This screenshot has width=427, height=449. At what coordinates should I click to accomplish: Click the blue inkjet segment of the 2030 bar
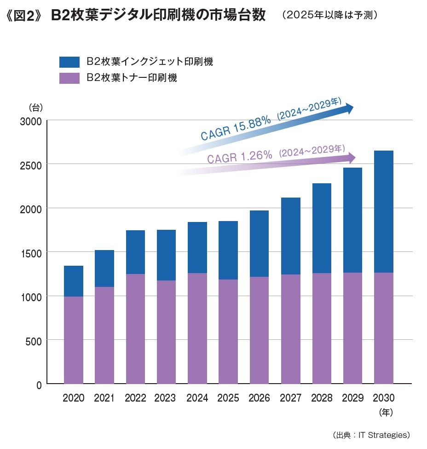pos(383,211)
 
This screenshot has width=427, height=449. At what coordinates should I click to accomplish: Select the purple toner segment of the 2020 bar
pos(74,340)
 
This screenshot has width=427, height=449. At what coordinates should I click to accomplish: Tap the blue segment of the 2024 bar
pos(197,247)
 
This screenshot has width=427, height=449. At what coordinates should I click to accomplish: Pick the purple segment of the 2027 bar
pos(290,329)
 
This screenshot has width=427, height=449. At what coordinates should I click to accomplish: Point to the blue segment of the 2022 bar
pos(135,252)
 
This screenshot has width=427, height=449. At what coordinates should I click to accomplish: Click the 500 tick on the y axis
pos(35,341)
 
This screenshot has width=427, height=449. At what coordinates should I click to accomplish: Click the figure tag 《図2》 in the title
pos(22,16)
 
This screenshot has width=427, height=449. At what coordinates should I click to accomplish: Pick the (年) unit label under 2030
pos(385,412)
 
